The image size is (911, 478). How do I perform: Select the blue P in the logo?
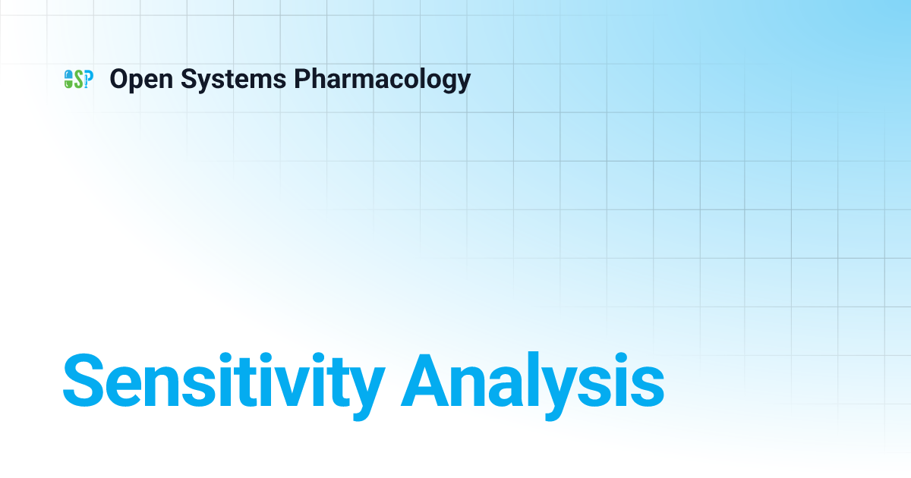coord(88,79)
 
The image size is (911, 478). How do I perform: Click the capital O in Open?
coord(118,79)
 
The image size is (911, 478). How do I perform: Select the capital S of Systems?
coord(188,79)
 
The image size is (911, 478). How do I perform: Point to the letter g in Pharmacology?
coord(448,82)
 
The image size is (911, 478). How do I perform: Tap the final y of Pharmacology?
coord(463,82)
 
